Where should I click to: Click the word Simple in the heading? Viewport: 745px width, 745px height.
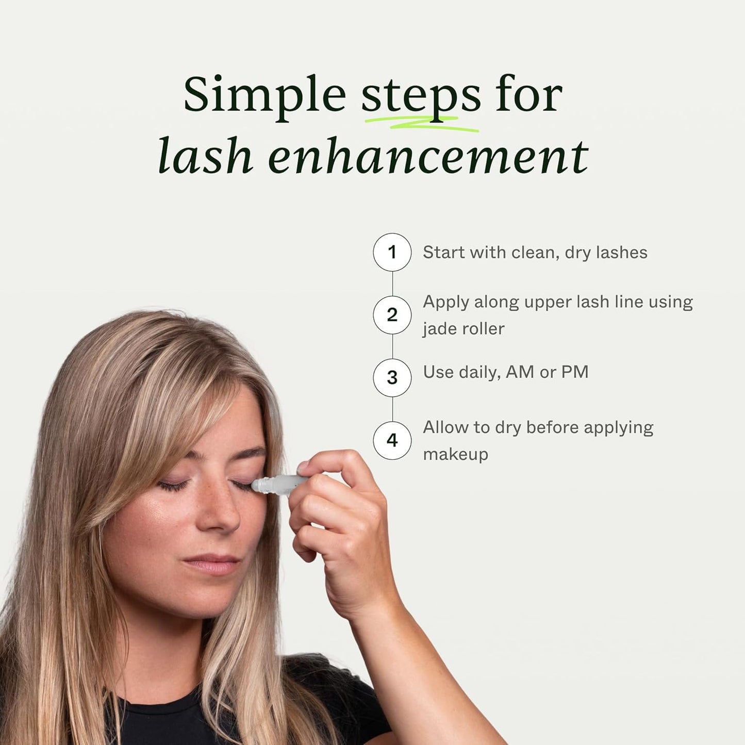click(x=264, y=96)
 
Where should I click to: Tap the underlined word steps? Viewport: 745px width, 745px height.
click(x=420, y=96)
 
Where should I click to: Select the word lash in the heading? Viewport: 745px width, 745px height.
click(x=205, y=156)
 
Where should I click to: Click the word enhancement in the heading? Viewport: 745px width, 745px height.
click(x=428, y=156)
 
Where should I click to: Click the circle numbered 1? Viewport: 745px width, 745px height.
click(x=392, y=252)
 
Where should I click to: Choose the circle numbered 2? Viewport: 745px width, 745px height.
click(x=392, y=314)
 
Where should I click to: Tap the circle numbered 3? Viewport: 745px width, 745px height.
click(x=392, y=377)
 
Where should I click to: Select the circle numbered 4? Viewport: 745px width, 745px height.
click(x=392, y=440)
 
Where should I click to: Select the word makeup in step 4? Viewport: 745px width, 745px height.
click(x=455, y=454)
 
